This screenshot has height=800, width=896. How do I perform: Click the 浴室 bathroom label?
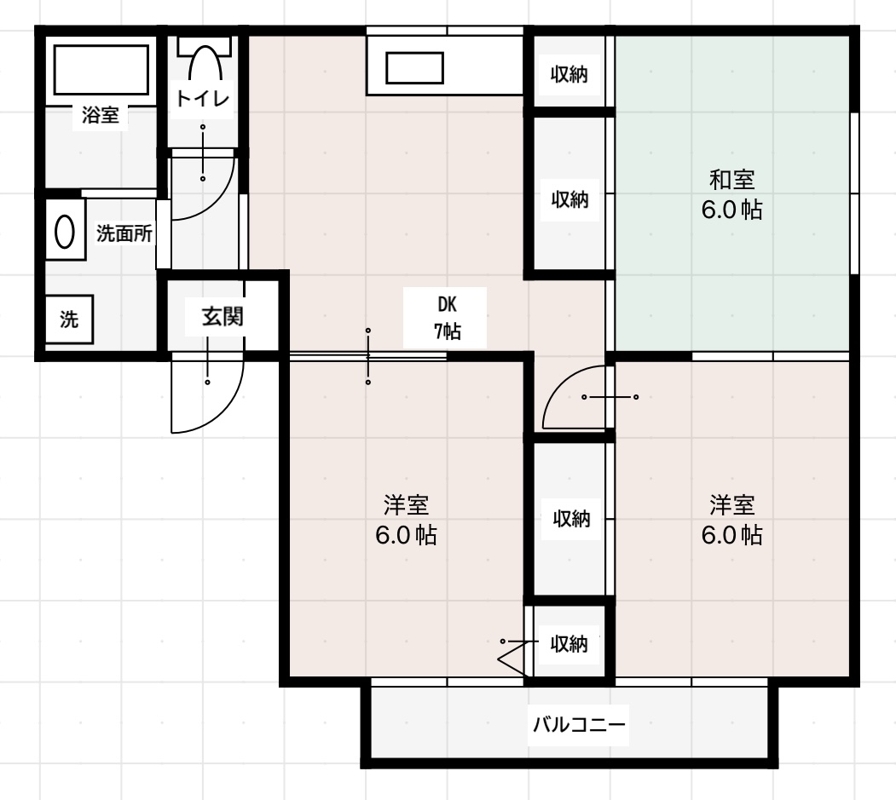pos(100,115)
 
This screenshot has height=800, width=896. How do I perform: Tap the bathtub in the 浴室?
pos(101,70)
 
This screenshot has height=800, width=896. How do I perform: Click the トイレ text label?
pos(203,99)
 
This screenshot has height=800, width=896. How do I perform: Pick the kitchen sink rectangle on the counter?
pos(414,68)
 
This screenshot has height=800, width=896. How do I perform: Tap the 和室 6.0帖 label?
pos(731,195)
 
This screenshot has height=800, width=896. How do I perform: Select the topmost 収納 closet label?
pos(569,75)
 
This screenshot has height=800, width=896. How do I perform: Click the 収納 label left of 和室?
pos(569,200)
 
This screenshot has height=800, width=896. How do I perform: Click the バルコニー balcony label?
pos(580,726)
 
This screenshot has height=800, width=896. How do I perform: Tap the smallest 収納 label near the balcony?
pos(569,643)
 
